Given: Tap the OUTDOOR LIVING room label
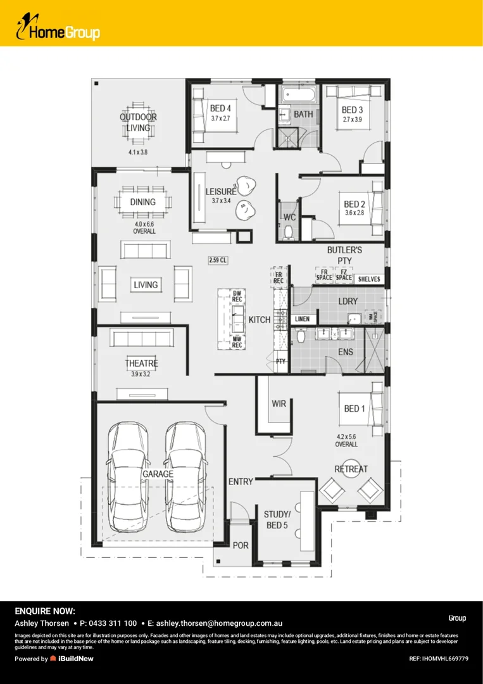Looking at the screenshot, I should [x=138, y=122].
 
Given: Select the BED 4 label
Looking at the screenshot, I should [x=221, y=108].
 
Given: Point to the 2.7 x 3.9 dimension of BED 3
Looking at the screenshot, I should [x=352, y=119].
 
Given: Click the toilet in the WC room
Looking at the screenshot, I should [x=289, y=232].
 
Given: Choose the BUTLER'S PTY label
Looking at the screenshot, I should [x=344, y=255].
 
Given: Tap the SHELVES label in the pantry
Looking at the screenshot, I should [x=369, y=279].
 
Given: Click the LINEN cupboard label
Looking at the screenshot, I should [x=303, y=319].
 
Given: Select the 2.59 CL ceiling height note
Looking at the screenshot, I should [x=218, y=260].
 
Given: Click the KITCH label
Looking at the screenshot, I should [x=260, y=320].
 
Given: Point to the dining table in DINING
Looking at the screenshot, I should [x=143, y=203].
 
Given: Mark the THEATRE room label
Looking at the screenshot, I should [x=141, y=364].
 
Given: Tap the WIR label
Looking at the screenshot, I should [x=279, y=403].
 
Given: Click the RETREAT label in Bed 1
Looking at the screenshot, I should [x=351, y=469].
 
